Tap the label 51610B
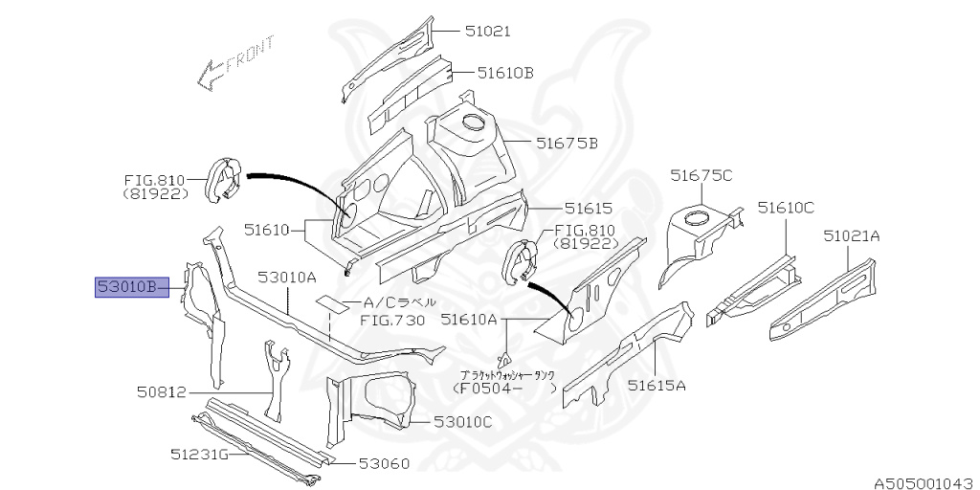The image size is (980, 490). pos(505,72)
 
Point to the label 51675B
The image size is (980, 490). pos(567,144)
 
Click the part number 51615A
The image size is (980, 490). pos(657,385)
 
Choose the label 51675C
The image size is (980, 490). pos(701,175)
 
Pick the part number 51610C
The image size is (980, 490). pos(786,207)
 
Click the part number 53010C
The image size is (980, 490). pos(462,421)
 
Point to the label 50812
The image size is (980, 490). pos(163,392)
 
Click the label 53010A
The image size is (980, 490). pos(287,278)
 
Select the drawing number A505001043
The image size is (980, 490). pos(922,482)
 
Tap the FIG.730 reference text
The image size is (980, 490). pos(391,320)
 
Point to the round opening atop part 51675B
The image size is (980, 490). pos(471,122)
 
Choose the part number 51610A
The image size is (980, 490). pos(470,321)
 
